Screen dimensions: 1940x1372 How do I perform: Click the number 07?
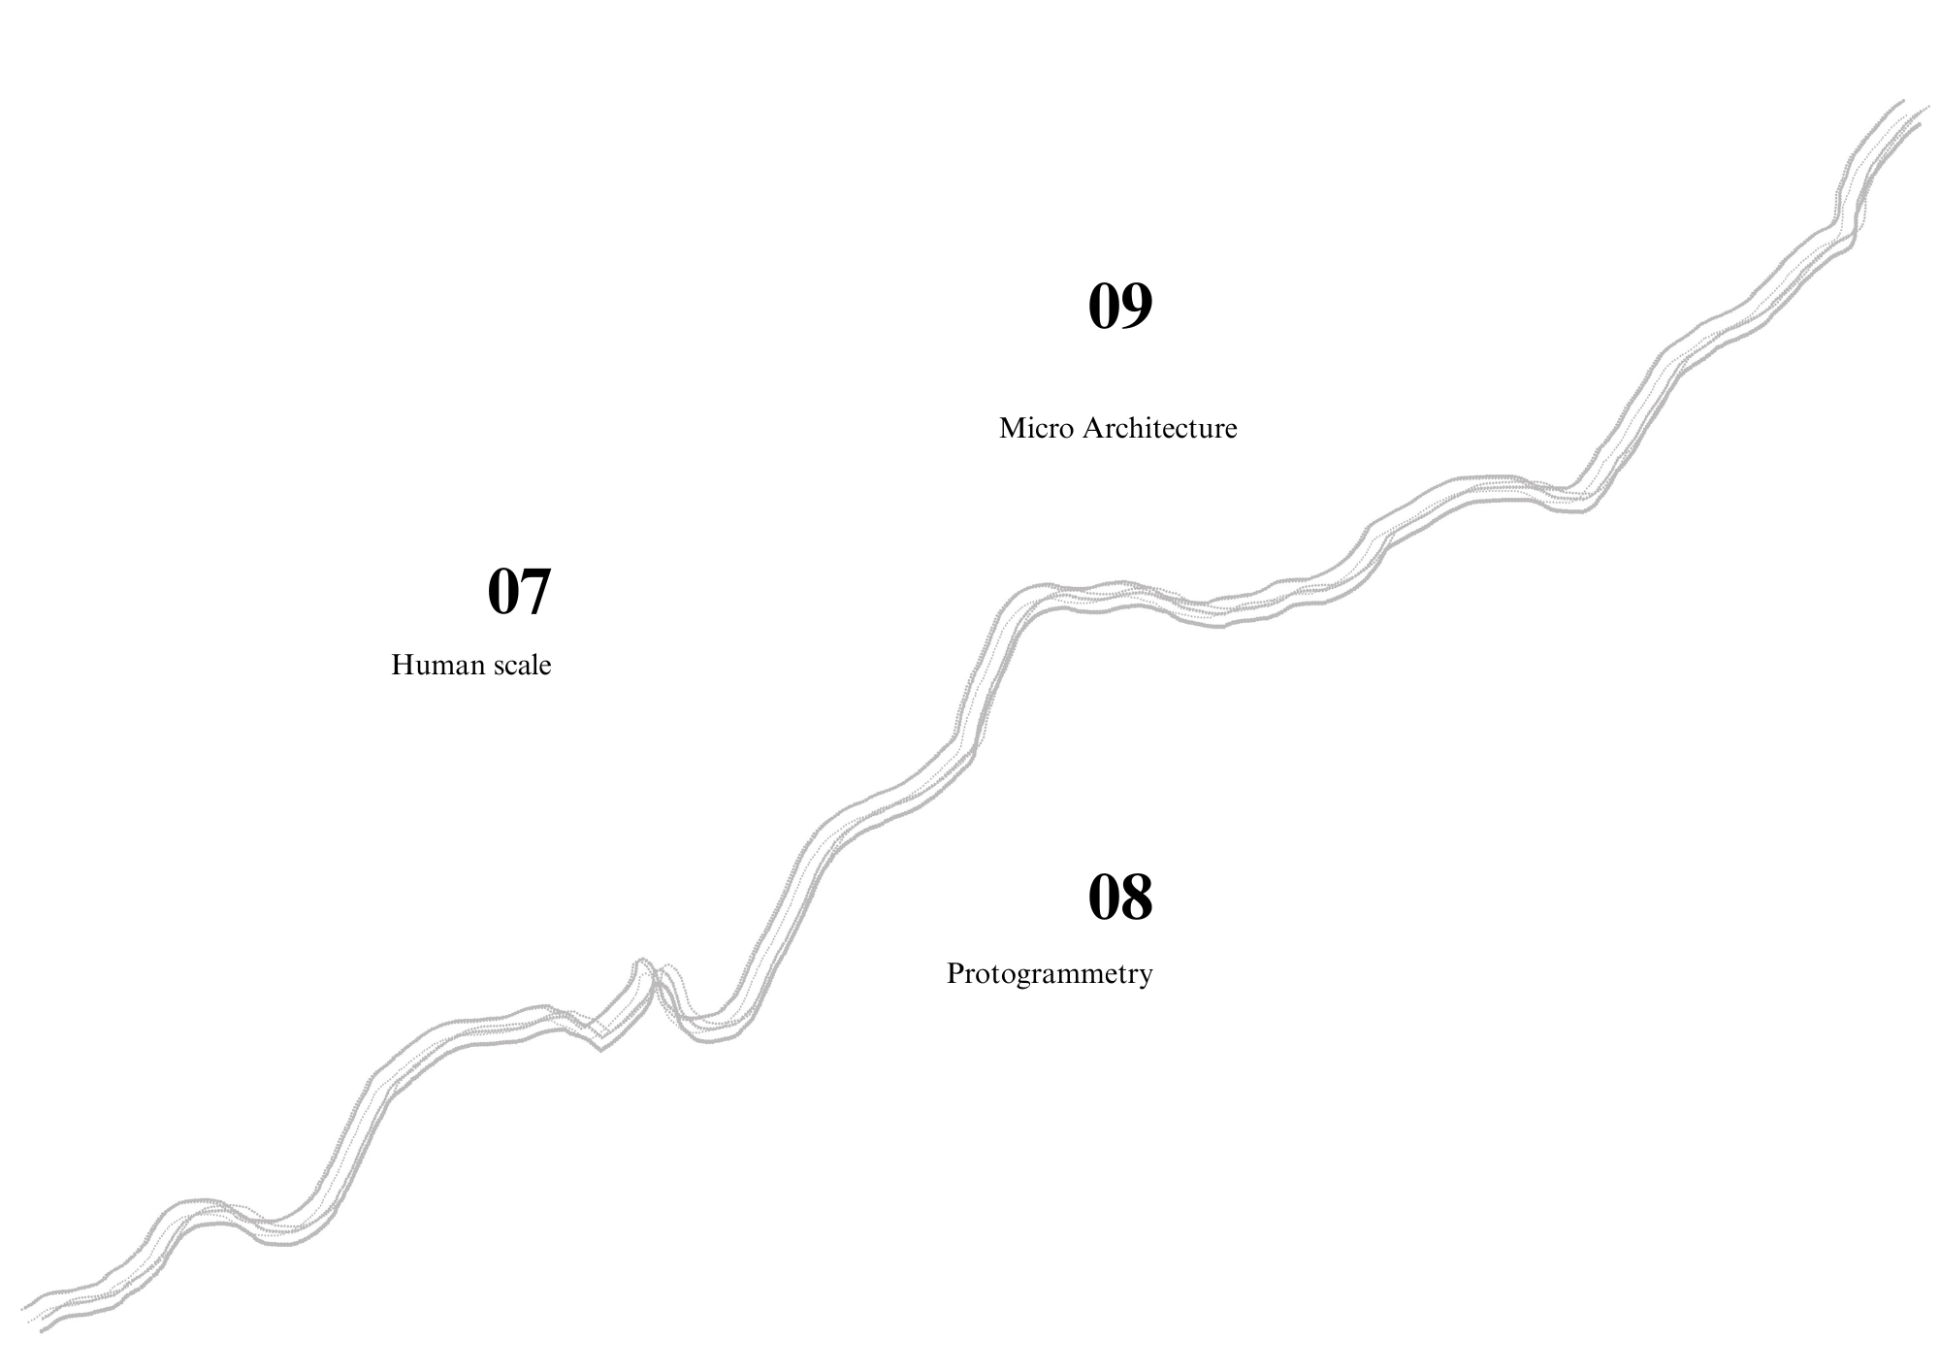pos(519,591)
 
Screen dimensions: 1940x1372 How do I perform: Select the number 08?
pos(1120,897)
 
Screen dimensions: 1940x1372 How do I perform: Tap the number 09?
pos(1120,306)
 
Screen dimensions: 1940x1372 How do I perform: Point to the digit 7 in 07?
pos(536,591)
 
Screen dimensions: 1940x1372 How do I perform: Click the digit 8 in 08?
pos(1137,897)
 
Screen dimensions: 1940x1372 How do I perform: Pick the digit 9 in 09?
pos(1137,306)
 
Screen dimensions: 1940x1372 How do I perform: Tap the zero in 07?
pos(502,591)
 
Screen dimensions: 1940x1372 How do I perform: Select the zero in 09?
pos(1104,306)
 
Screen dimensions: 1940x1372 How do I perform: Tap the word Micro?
pos(1036,428)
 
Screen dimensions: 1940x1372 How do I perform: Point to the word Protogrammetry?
pos(1050,974)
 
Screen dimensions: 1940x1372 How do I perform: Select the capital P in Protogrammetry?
pos(954,973)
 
